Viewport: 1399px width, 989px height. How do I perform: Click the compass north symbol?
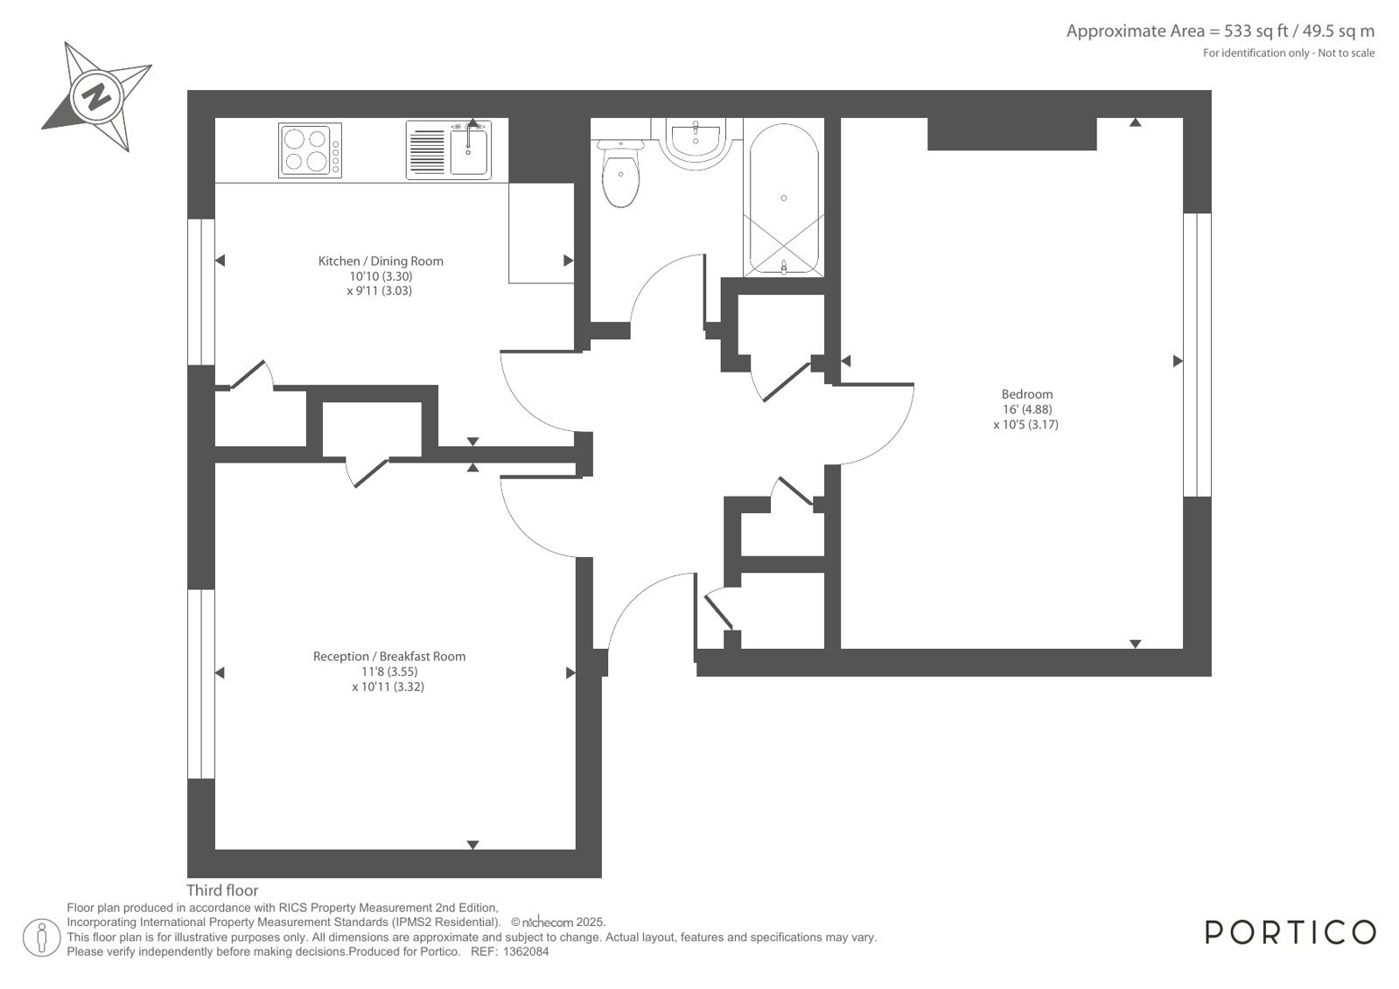click(97, 97)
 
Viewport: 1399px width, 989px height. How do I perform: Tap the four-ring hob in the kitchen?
click(310, 150)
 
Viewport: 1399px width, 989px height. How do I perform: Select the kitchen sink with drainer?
click(449, 150)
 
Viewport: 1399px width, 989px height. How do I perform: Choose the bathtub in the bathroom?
click(784, 198)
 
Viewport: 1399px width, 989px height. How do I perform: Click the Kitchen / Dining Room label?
click(381, 261)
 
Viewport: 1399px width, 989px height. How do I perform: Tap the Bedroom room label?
click(1027, 394)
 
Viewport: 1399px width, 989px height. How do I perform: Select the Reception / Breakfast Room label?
click(389, 656)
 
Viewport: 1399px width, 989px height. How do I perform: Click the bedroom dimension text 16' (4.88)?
click(1027, 409)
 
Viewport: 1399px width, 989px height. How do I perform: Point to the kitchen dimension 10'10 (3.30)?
click(381, 276)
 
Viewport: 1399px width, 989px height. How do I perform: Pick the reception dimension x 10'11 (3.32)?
click(388, 686)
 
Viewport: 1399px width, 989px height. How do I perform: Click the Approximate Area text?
click(1221, 31)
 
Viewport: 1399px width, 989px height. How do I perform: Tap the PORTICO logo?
click(1291, 933)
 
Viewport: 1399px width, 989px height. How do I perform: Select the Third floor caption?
click(222, 890)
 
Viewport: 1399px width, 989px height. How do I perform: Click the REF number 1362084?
click(526, 952)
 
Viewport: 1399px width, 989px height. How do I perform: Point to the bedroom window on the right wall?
click(1197, 355)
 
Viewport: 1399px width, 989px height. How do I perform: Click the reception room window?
click(201, 684)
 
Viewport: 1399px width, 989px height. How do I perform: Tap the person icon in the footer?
click(41, 937)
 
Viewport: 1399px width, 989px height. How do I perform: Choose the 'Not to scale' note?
click(1346, 53)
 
